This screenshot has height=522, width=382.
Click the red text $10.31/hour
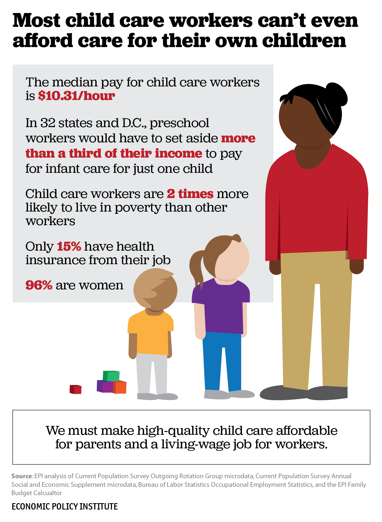(x=76, y=96)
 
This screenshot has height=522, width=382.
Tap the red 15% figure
(x=69, y=246)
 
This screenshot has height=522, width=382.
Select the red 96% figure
(x=39, y=285)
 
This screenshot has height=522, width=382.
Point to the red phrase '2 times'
(x=190, y=194)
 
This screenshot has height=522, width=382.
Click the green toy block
(x=111, y=376)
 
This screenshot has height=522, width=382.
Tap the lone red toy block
(x=75, y=389)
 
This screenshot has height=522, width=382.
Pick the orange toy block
(x=120, y=387)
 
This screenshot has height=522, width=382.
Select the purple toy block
(x=104, y=386)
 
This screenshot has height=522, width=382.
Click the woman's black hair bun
(x=337, y=94)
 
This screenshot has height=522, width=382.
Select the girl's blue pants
(x=222, y=360)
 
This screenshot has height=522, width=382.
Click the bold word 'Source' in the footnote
(x=22, y=476)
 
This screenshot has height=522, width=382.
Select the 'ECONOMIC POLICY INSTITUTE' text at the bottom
(x=65, y=506)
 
